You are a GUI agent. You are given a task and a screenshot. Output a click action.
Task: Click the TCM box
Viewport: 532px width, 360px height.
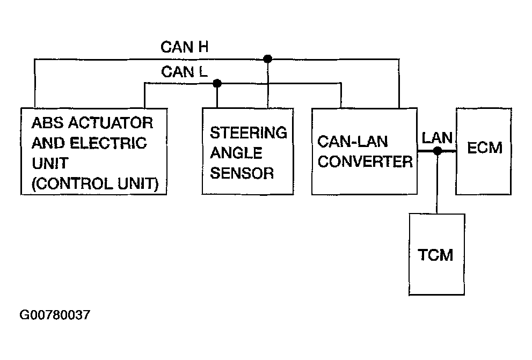pyautogui.click(x=435, y=254)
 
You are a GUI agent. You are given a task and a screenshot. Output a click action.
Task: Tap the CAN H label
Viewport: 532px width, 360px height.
pyautogui.click(x=185, y=47)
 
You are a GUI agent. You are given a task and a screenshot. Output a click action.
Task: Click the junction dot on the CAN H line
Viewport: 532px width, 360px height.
pyautogui.click(x=268, y=58)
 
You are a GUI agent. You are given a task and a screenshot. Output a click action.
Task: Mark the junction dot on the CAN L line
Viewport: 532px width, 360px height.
pyautogui.click(x=217, y=83)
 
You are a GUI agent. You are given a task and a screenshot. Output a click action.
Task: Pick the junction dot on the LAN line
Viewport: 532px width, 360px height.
pyautogui.click(x=438, y=151)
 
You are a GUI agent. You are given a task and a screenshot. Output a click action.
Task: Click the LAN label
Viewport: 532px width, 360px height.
pyautogui.click(x=437, y=137)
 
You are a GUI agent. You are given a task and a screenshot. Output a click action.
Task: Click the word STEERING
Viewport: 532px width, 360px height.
pyautogui.click(x=248, y=133)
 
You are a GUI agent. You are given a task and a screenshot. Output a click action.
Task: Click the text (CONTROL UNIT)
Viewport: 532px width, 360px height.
pyautogui.click(x=95, y=184)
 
